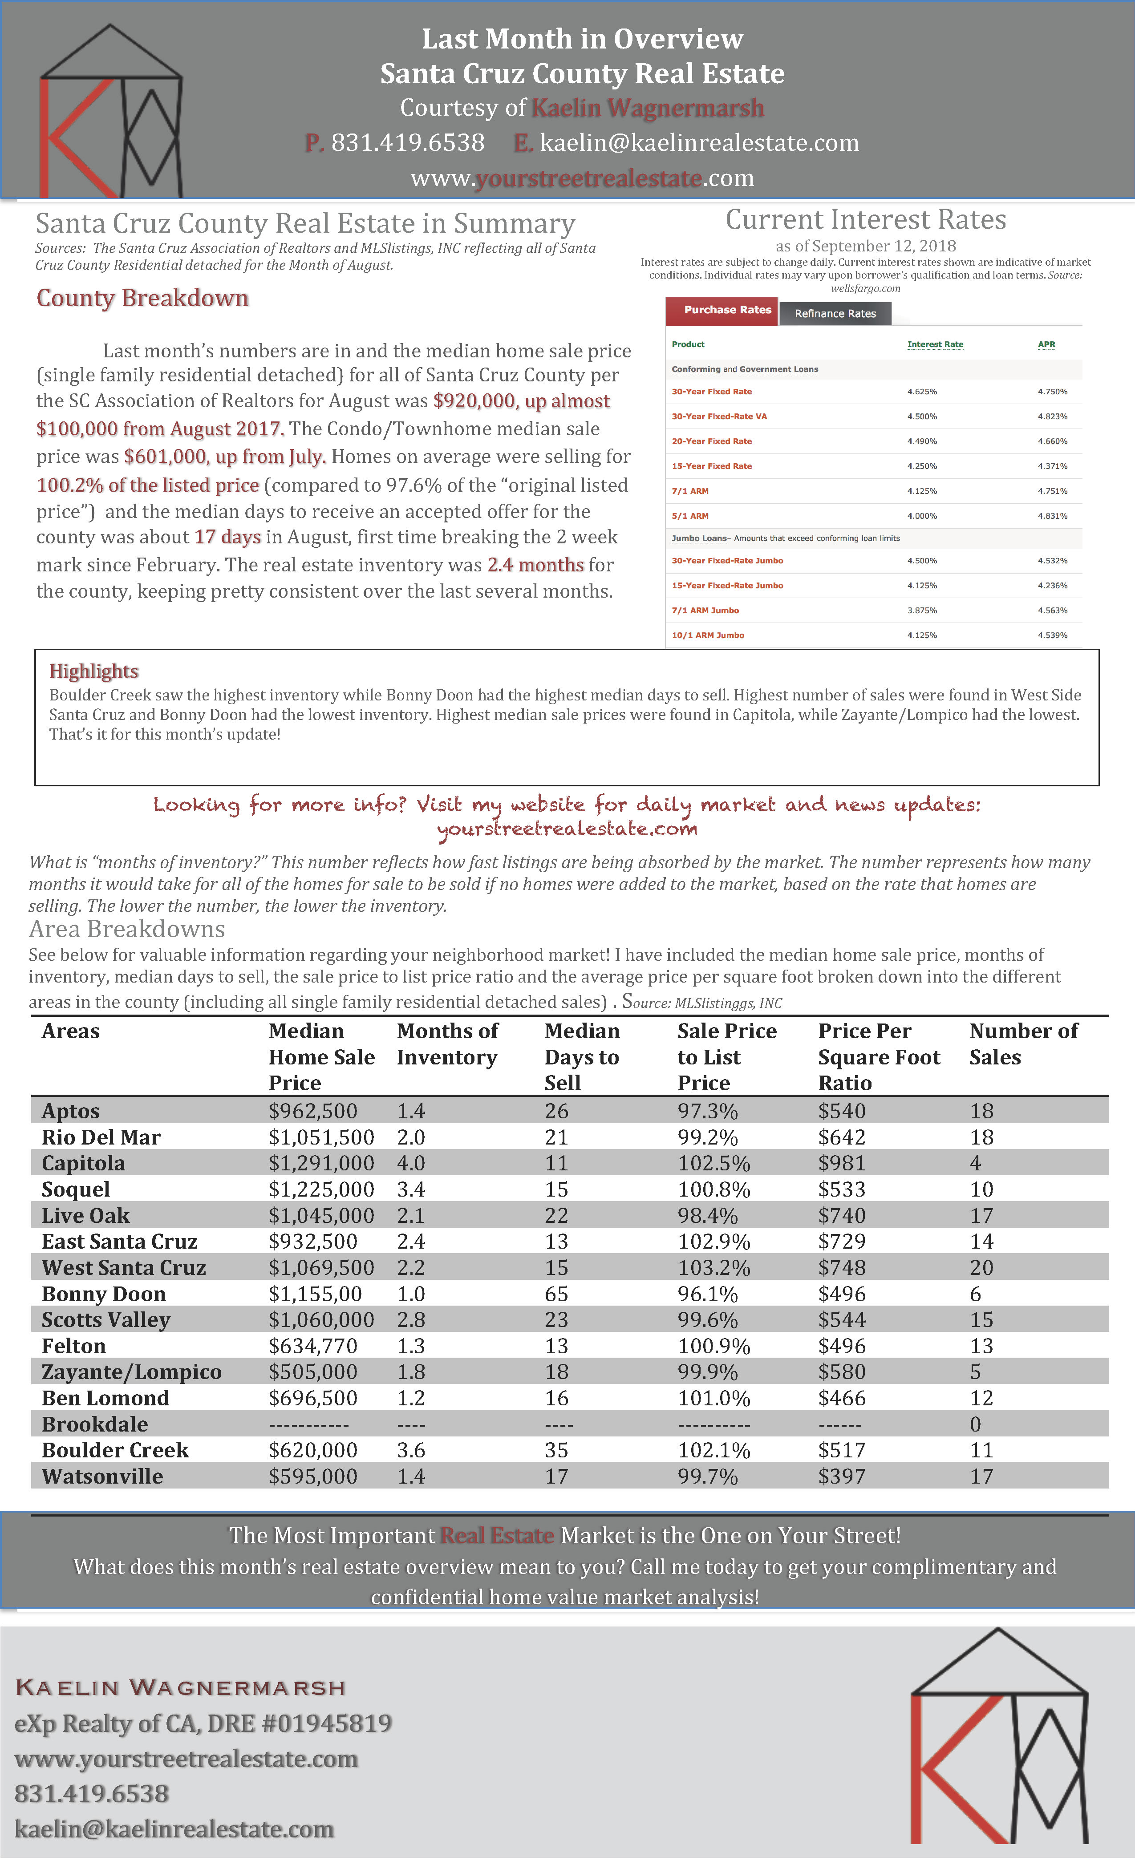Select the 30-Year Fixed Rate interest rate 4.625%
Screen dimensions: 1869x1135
point(922,392)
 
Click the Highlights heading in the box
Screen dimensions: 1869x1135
point(94,672)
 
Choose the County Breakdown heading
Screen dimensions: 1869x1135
point(142,298)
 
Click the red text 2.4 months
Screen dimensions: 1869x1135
point(535,565)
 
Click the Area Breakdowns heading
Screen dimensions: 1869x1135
point(127,929)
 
